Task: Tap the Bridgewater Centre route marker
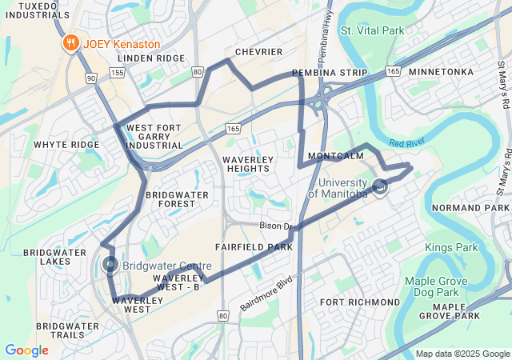[110, 266]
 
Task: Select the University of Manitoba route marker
[379, 187]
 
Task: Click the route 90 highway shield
[92, 78]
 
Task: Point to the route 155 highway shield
[118, 73]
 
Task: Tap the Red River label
[406, 143]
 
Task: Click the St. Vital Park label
[372, 30]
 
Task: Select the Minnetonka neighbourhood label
[441, 72]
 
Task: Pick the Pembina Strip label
[330, 73]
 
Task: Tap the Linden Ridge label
[151, 58]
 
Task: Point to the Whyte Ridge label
[66, 145]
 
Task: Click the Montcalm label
[336, 156]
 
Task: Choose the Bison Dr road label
[275, 226]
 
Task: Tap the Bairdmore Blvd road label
[267, 294]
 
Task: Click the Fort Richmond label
[359, 302]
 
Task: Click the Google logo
[26, 350]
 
